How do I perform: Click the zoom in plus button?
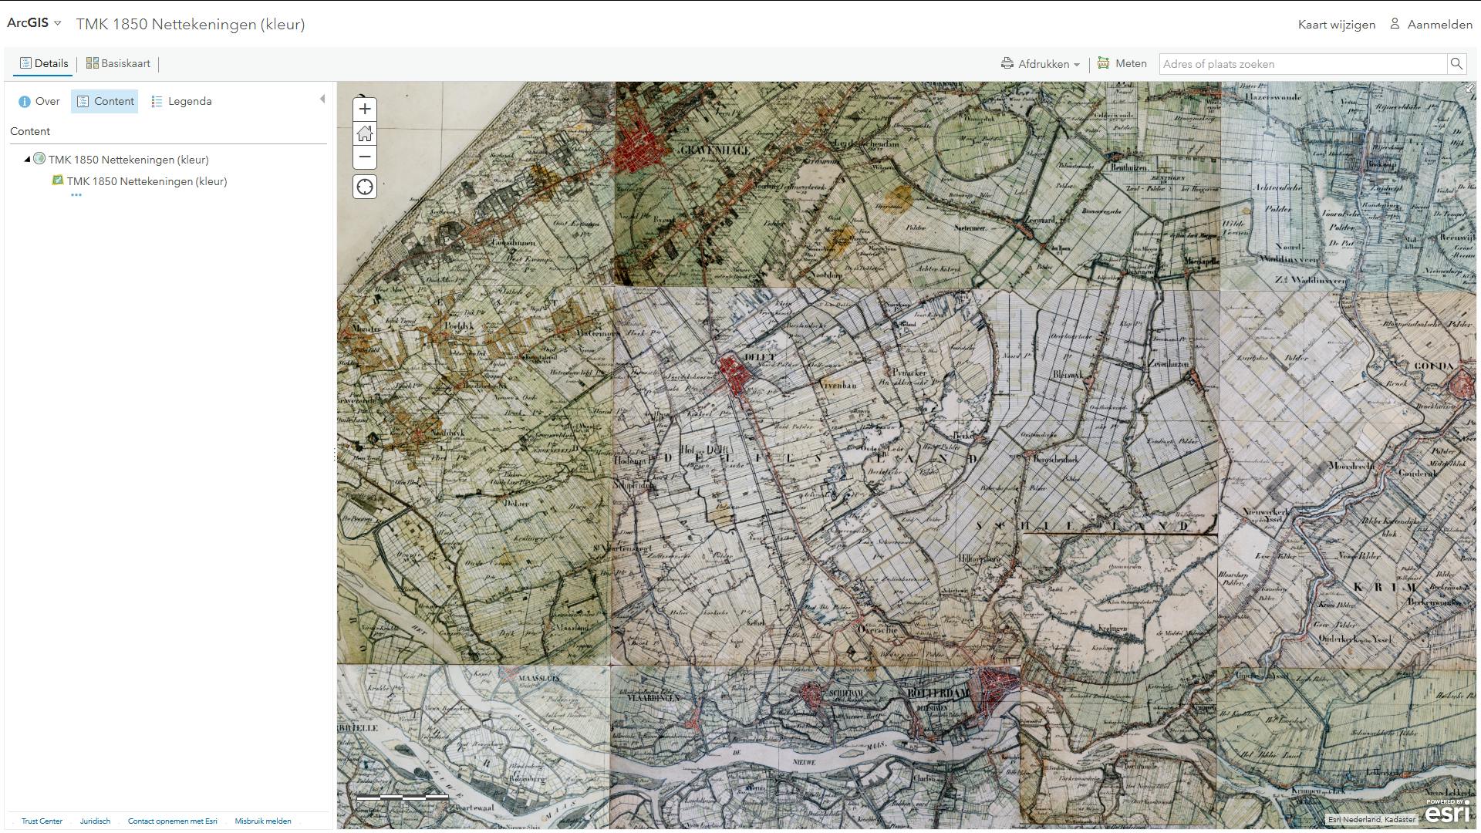(365, 109)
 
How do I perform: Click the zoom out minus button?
(365, 157)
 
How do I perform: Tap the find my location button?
(365, 187)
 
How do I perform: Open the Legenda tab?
(182, 101)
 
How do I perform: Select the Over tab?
(39, 101)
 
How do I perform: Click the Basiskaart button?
(118, 63)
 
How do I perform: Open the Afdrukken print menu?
(1041, 64)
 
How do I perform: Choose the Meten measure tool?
(1122, 63)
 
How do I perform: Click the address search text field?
(1302, 64)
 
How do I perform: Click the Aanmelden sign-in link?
(1432, 24)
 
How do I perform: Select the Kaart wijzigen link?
(1336, 24)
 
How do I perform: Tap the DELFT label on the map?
(760, 357)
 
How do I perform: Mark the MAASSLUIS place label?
(538, 679)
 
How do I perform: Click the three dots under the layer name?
(76, 195)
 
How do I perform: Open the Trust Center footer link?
(42, 821)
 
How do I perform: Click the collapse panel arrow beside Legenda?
(322, 99)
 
